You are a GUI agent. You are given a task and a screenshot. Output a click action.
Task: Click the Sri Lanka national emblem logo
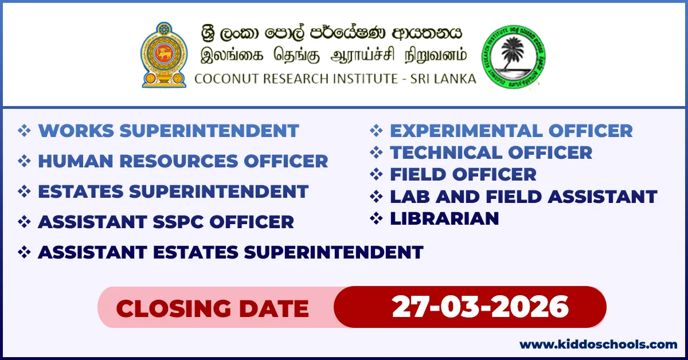pyautogui.click(x=164, y=55)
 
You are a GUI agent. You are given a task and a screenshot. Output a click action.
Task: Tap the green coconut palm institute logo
pyautogui.click(x=513, y=56)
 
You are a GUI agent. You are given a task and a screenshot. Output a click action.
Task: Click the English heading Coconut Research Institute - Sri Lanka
pyautogui.click(x=335, y=79)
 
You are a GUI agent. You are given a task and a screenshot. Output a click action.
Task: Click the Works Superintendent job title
pyautogui.click(x=168, y=131)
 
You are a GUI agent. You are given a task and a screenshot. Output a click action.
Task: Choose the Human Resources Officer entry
pyautogui.click(x=183, y=161)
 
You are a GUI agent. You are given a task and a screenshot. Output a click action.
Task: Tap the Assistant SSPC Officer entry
pyautogui.click(x=166, y=222)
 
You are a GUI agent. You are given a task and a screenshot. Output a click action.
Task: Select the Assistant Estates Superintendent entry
pyautogui.click(x=230, y=252)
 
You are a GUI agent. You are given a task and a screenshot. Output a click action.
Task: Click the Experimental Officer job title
pyautogui.click(x=511, y=131)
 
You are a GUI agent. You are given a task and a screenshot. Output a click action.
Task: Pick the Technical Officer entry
pyautogui.click(x=491, y=152)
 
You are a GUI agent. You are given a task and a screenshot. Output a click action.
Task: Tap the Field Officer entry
pyautogui.click(x=463, y=174)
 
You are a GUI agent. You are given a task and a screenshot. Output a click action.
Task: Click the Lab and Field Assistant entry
pyautogui.click(x=523, y=197)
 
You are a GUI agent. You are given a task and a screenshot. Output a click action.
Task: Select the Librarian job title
pyautogui.click(x=444, y=218)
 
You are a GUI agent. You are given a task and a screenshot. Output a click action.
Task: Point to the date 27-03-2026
pyautogui.click(x=480, y=307)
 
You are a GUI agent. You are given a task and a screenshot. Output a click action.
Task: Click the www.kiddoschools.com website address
pyautogui.click(x=598, y=345)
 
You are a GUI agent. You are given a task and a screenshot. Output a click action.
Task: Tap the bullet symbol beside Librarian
pyautogui.click(x=376, y=218)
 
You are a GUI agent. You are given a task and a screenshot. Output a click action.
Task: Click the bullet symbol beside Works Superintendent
pyautogui.click(x=24, y=131)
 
